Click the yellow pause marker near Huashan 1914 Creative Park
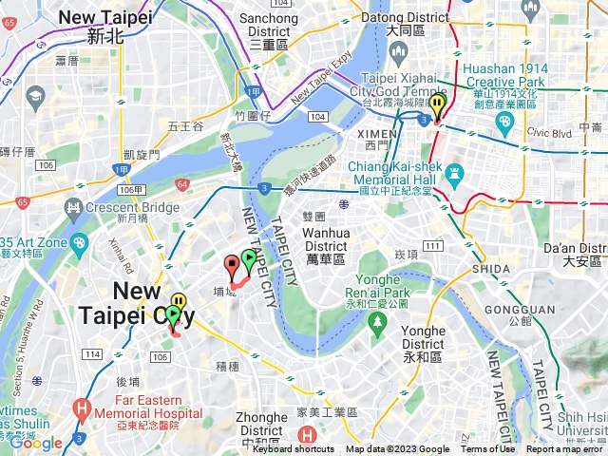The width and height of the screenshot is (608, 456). (x=437, y=105)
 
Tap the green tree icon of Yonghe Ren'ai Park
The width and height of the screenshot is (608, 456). (x=378, y=325)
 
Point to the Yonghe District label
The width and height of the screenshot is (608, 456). (x=423, y=337)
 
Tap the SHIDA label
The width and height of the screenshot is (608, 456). (x=490, y=269)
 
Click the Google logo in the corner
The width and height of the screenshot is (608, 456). (x=36, y=443)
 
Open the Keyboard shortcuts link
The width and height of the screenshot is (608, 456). (x=293, y=449)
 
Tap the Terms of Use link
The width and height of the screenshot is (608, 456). (x=487, y=449)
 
